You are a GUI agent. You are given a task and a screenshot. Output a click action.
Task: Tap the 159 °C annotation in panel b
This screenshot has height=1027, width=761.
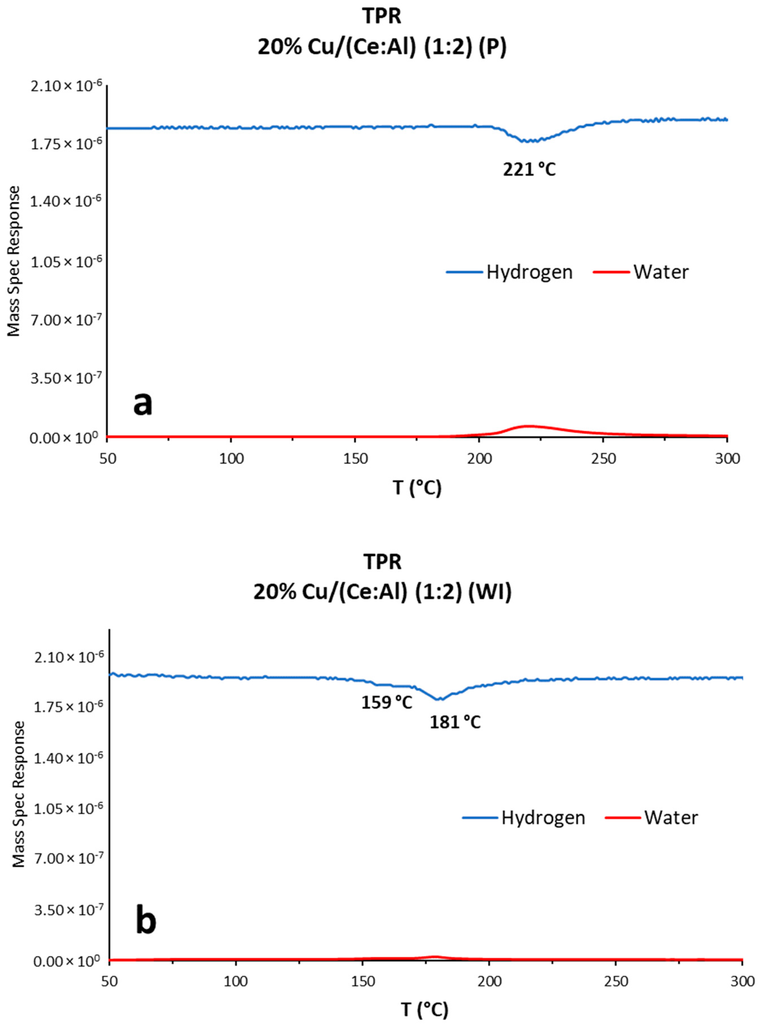point(386,703)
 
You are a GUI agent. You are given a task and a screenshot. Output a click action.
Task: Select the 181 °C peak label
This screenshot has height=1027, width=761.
point(455,722)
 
